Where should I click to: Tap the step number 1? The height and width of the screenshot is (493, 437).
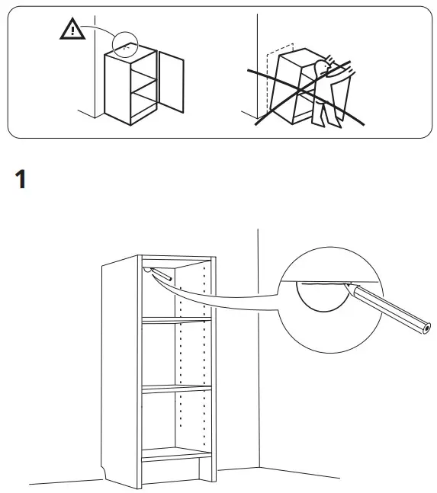(x=21, y=181)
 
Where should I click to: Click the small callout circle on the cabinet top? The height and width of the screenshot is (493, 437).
(x=126, y=45)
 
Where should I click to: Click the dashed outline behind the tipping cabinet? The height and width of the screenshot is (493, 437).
(x=266, y=76)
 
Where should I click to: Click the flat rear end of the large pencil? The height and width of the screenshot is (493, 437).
(x=425, y=329)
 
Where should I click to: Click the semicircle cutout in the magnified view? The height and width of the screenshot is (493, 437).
(x=320, y=297)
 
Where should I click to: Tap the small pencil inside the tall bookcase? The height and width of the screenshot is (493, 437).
(x=162, y=277)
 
